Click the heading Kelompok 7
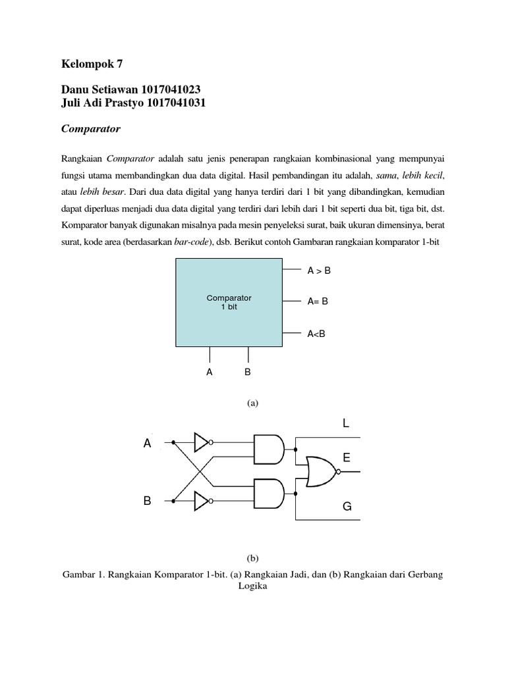pyautogui.click(x=92, y=64)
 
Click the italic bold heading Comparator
pyautogui.click(x=91, y=130)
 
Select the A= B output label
pyautogui.click(x=318, y=301)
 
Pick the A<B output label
pyautogui.click(x=316, y=334)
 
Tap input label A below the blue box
pyautogui.click(x=210, y=372)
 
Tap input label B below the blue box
pyautogui.click(x=248, y=372)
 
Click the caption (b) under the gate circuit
pyautogui.click(x=253, y=557)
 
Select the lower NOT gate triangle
pyautogui.click(x=201, y=502)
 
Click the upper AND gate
pyautogui.click(x=268, y=450)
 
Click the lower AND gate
pyautogui.click(x=268, y=494)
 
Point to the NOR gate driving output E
pyautogui.click(x=321, y=471)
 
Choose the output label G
pyautogui.click(x=347, y=506)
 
